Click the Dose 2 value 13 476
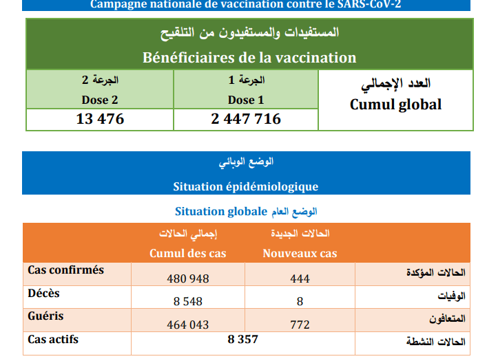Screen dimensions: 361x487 [100, 119]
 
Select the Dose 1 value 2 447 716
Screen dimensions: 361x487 [246, 119]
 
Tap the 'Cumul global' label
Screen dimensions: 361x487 [395, 105]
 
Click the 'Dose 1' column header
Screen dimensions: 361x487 [246, 100]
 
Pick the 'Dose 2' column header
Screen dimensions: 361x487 [100, 100]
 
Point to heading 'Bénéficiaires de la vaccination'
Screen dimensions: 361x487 [249, 58]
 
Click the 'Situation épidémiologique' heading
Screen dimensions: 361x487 [246, 186]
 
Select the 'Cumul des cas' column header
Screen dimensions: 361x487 [187, 253]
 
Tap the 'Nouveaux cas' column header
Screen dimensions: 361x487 [300, 253]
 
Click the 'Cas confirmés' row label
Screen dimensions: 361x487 [66, 270]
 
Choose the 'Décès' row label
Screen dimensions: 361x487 [43, 294]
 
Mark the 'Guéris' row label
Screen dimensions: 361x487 [46, 316]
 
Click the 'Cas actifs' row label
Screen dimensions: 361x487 [53, 340]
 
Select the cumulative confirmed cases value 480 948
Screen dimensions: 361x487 [188, 278]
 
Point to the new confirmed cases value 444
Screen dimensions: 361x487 [300, 278]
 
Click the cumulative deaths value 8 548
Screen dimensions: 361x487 [188, 301]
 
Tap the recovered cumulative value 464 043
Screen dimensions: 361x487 [188, 325]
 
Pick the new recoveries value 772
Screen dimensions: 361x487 [300, 325]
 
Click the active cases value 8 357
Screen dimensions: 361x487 [242, 339]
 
